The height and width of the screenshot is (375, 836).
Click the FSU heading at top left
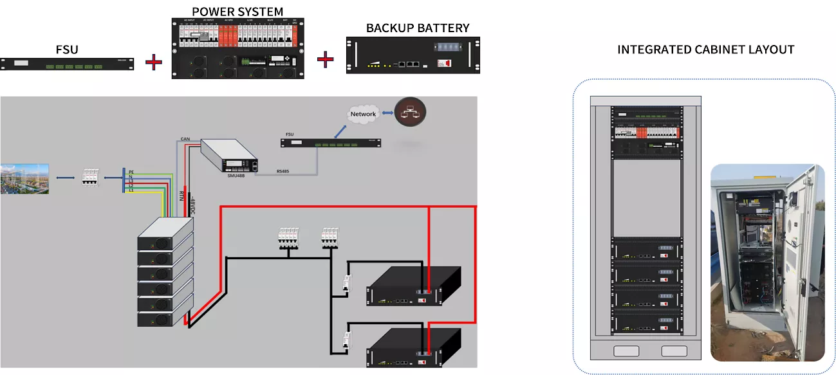[x=67, y=49]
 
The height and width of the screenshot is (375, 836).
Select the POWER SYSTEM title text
[x=237, y=11]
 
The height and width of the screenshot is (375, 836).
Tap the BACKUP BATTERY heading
[x=418, y=28]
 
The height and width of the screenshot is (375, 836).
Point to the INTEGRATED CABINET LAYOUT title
[x=705, y=50]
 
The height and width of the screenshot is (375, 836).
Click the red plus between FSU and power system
[x=153, y=62]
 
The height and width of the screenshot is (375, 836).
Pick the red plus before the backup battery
[x=326, y=60]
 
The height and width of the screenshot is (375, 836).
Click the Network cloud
[x=363, y=114]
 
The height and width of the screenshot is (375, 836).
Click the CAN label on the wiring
[x=185, y=138]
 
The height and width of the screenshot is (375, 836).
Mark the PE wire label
[x=131, y=172]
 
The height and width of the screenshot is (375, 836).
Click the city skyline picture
[x=24, y=179]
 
